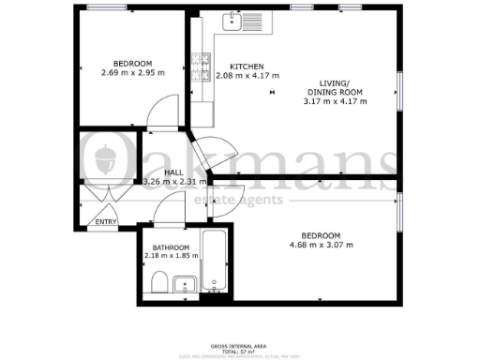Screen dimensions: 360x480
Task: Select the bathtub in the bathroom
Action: (x=215, y=260)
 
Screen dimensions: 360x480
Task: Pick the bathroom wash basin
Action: (x=186, y=282)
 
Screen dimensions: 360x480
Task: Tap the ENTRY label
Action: (x=105, y=222)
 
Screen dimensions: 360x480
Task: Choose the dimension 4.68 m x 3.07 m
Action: (x=321, y=246)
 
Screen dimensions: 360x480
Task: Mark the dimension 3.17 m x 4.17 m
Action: (x=336, y=101)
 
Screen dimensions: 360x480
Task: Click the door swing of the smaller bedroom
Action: (x=163, y=111)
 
